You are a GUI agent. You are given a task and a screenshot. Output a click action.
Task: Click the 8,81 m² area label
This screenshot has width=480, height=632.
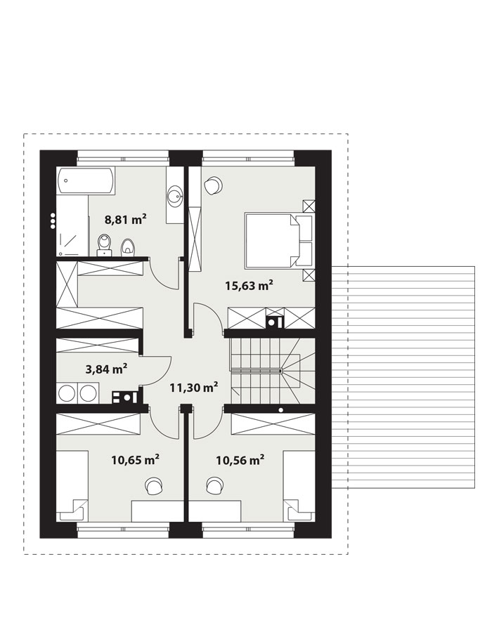point(125,220)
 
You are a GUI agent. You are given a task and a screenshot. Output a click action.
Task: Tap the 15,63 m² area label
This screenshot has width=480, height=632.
point(249,286)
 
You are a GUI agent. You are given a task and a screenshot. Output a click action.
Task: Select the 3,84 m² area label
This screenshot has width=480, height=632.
point(107,369)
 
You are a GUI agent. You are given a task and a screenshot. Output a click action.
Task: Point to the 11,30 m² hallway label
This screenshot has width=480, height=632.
point(194,388)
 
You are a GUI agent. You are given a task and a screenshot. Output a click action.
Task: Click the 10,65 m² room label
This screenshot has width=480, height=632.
point(135,459)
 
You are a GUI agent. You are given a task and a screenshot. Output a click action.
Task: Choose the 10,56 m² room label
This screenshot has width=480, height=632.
point(240,459)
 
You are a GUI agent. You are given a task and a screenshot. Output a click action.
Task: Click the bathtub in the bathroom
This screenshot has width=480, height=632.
point(86,181)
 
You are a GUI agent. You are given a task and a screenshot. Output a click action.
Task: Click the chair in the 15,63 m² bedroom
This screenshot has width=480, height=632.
point(212,185)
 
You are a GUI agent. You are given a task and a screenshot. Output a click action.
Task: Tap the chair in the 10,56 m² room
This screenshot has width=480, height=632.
point(215,486)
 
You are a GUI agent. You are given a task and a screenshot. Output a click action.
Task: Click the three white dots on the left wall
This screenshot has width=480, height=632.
point(53,221)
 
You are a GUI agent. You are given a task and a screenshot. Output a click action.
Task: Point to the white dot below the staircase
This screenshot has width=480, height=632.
point(280,410)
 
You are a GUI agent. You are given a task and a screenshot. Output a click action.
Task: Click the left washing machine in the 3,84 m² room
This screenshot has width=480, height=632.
point(67,393)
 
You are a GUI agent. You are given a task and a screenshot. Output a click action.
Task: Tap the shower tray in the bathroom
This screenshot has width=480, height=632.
point(72,225)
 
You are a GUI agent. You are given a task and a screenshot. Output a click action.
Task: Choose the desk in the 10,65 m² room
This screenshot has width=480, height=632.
point(157,511)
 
